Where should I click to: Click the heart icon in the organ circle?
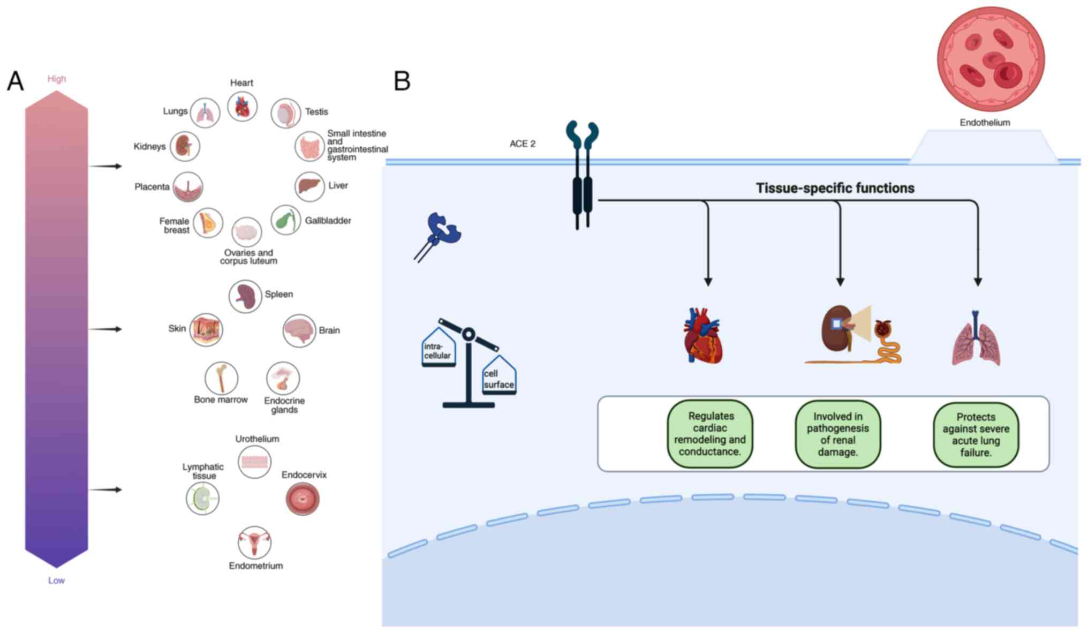tap(242, 107)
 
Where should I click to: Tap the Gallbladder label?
tap(328, 221)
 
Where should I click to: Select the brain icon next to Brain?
tap(299, 330)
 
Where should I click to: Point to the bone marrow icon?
tap(221, 378)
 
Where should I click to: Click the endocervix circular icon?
tap(303, 499)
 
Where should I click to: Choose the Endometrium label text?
tap(255, 566)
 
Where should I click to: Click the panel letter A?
tap(16, 81)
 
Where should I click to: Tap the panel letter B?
tap(402, 81)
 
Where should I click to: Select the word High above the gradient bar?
tap(56, 79)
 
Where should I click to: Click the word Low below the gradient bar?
tap(56, 581)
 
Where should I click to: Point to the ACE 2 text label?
tap(522, 144)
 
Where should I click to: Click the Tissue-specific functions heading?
tap(835, 188)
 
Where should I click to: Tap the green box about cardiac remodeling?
tap(710, 434)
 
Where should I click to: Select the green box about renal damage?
tap(837, 434)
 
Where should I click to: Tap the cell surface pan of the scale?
tap(499, 378)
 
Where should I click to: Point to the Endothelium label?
tap(985, 123)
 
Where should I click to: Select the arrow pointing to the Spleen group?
tap(105, 329)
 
